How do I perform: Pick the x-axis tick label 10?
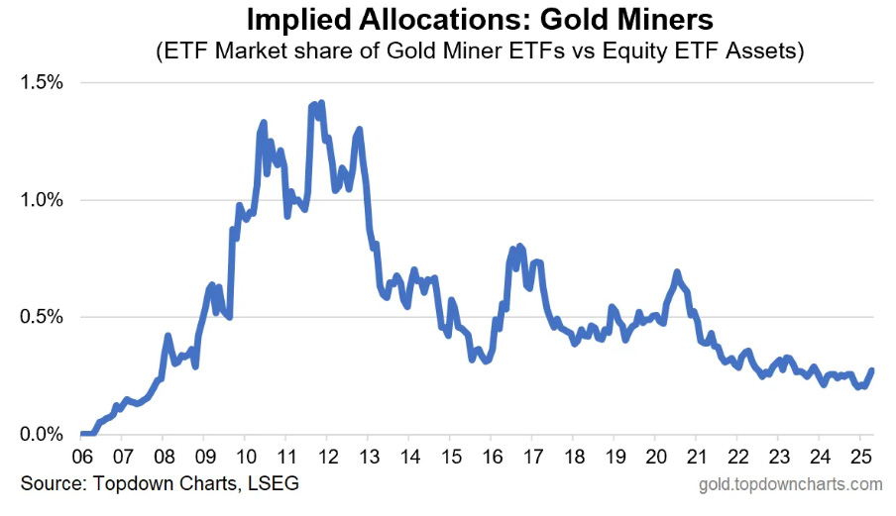click(x=244, y=459)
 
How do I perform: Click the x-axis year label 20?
click(x=654, y=459)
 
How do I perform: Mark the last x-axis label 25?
click(x=859, y=459)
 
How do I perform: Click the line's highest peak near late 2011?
click(x=321, y=103)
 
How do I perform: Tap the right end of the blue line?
click(x=871, y=371)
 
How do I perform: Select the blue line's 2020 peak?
click(x=677, y=271)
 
